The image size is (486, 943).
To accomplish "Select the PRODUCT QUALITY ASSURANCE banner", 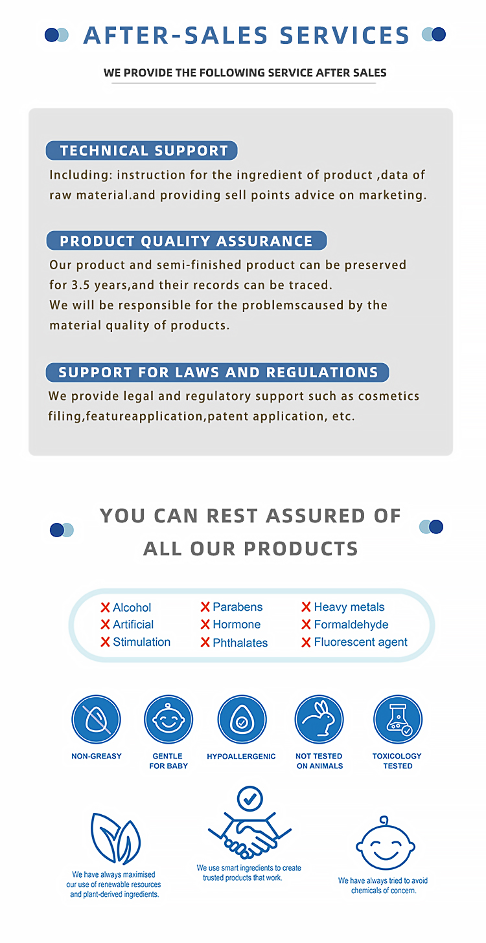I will click(187, 241).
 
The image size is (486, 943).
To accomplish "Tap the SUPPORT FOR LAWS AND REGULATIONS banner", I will click(218, 372).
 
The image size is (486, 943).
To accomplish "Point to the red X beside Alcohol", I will click(105, 608).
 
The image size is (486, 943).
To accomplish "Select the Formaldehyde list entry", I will click(351, 625).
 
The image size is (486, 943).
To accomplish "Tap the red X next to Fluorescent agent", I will click(306, 643).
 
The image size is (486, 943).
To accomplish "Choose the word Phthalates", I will click(240, 643).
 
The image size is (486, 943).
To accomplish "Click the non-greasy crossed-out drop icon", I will click(96, 720).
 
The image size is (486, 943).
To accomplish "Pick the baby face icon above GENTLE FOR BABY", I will click(168, 720).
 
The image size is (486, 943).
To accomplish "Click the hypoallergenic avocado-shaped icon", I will click(242, 720).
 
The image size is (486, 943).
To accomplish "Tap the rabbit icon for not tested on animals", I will click(319, 720).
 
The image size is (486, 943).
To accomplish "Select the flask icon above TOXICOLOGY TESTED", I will click(397, 720).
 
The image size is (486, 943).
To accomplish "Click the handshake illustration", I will click(249, 836).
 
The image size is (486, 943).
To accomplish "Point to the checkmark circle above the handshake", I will click(249, 799).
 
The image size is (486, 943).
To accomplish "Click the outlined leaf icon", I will click(115, 838).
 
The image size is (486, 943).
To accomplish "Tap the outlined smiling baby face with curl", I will click(385, 844).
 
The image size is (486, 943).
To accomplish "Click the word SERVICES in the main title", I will click(345, 35).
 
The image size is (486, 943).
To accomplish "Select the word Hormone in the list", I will click(237, 625).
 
